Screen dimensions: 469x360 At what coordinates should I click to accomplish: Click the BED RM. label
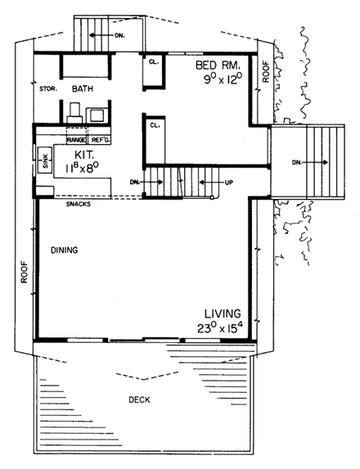coord(216,65)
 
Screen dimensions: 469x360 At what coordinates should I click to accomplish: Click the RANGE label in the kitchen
coord(77,140)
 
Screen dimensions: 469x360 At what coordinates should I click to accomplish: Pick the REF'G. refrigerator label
coord(100,140)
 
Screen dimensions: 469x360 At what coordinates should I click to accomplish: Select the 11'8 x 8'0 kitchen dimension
coord(83,167)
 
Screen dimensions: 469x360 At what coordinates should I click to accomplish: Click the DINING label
coord(63,250)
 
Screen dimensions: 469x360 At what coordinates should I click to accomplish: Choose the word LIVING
coord(223,313)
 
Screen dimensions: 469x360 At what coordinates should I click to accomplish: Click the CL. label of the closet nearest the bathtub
coord(154,61)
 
